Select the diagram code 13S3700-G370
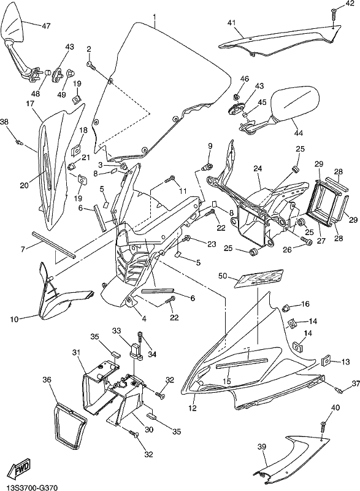click(29, 487)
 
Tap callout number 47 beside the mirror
click(45, 26)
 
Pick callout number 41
click(231, 23)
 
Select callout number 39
click(261, 447)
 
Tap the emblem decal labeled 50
click(259, 278)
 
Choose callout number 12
click(193, 408)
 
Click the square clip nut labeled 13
click(326, 361)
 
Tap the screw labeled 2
click(91, 65)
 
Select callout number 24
click(258, 169)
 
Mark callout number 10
click(14, 319)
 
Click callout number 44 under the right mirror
click(299, 133)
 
